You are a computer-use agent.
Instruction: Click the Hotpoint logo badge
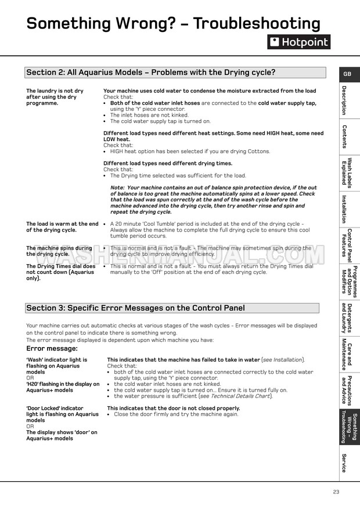(298, 42)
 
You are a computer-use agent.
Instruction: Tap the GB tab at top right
(347, 74)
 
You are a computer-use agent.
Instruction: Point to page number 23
(336, 492)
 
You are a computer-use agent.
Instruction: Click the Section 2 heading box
(172, 73)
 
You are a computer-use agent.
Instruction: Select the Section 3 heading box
(172, 308)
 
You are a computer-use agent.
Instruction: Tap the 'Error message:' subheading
(52, 348)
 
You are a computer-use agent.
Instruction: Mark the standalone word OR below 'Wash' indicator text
(30, 378)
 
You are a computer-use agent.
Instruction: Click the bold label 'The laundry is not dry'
(55, 91)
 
